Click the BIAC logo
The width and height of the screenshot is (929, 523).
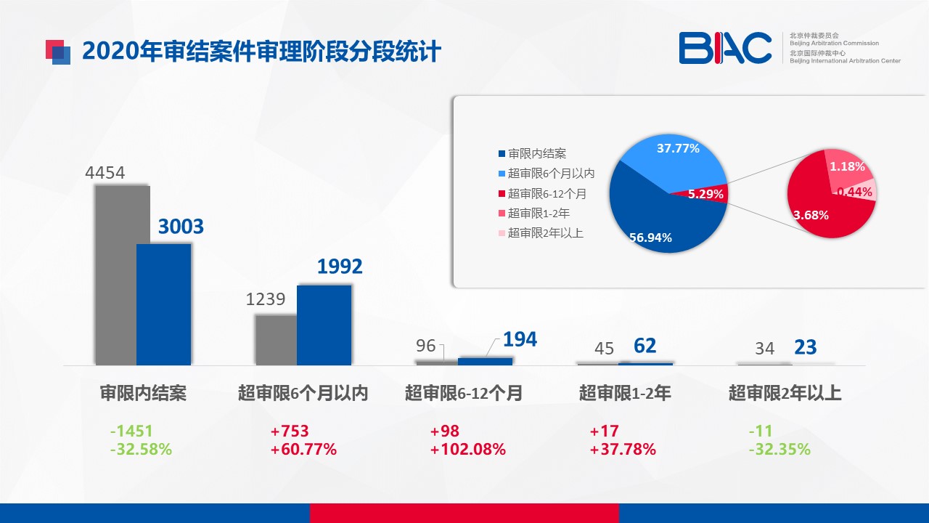click(725, 48)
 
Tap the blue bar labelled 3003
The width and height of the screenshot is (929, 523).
click(164, 304)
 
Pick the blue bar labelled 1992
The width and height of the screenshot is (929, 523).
click(324, 325)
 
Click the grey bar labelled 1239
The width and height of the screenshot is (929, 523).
click(277, 341)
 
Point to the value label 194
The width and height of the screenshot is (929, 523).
click(520, 339)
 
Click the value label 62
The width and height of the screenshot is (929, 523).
click(645, 346)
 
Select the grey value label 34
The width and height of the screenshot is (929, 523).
click(764, 348)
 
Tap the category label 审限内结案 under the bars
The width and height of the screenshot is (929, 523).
click(143, 393)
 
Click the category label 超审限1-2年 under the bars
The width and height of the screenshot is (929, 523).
click(625, 393)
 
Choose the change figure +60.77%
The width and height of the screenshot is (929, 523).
click(303, 449)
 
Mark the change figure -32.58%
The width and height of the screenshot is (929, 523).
click(141, 449)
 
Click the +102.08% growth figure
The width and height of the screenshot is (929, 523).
click(468, 449)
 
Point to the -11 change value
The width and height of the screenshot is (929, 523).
click(761, 431)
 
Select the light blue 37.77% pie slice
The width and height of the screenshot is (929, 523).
click(680, 160)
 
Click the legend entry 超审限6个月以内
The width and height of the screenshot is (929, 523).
click(547, 174)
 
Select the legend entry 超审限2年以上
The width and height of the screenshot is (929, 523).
click(541, 233)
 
